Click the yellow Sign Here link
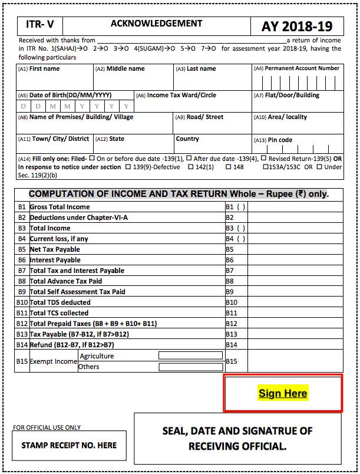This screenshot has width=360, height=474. (x=283, y=393)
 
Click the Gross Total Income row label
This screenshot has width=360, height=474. (x=60, y=207)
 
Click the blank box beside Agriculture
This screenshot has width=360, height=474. (x=190, y=355)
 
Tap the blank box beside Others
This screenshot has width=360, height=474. (x=190, y=367)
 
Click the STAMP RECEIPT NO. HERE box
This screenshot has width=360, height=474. (x=69, y=445)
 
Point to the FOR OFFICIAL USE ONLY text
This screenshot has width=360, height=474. (x=47, y=427)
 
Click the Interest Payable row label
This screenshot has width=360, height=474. (x=55, y=259)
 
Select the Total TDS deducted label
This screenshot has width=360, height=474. (x=60, y=302)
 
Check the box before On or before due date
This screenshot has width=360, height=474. (x=92, y=159)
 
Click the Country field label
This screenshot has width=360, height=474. (x=187, y=139)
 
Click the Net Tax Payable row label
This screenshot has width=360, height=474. (x=55, y=249)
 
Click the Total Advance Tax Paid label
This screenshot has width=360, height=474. (x=65, y=281)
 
